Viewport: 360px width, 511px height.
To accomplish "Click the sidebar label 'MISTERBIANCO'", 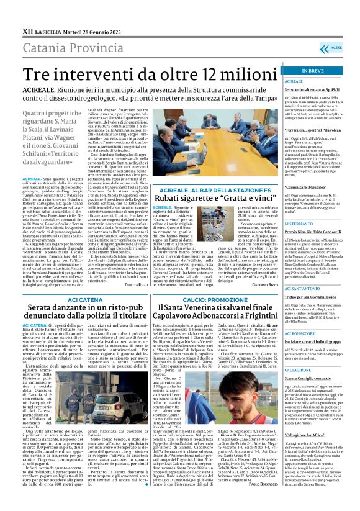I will pos(317,223).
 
